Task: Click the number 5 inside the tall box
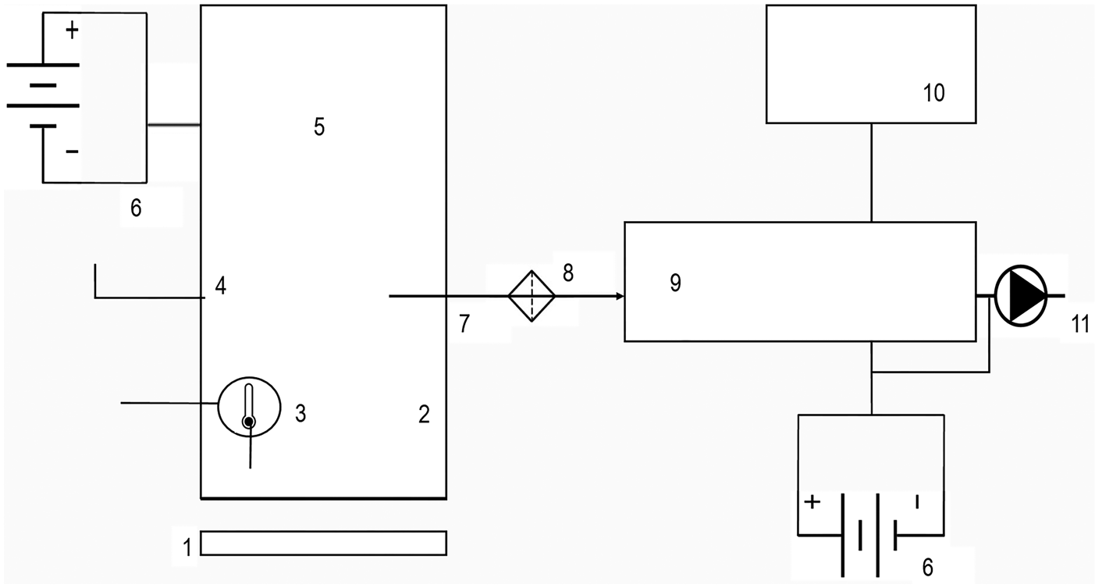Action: tap(318, 127)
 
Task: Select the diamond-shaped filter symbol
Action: tap(532, 296)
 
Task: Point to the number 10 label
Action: tap(933, 93)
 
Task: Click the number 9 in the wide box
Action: tap(675, 283)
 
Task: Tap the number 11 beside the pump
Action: tap(1080, 324)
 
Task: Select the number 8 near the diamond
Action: tap(567, 273)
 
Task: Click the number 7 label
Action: tap(464, 324)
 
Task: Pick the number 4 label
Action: tap(221, 287)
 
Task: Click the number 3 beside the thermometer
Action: tap(300, 413)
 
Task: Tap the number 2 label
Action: tap(424, 414)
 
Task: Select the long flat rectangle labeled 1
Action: tap(323, 543)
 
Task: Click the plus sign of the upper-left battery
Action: tap(72, 31)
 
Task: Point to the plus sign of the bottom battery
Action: tap(812, 502)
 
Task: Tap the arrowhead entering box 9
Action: tap(620, 297)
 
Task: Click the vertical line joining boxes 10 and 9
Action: tap(871, 172)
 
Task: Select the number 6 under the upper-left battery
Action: tap(136, 209)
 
